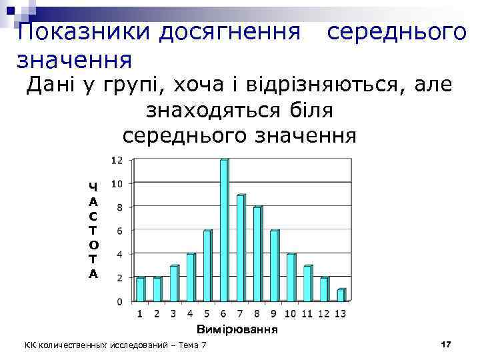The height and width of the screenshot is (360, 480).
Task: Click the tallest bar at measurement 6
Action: (x=224, y=230)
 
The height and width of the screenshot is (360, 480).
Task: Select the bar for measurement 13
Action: (x=341, y=295)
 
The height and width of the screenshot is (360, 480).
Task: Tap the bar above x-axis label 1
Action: (x=140, y=289)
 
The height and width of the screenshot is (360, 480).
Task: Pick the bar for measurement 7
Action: (x=241, y=247)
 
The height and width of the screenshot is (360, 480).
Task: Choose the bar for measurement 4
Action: (x=191, y=277)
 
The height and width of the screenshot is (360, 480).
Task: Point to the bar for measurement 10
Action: (x=291, y=277)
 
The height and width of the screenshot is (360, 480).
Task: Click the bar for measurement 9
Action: (x=274, y=265)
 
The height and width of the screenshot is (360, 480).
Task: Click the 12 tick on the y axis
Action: (x=116, y=160)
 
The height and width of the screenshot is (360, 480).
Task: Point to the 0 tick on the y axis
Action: (x=119, y=301)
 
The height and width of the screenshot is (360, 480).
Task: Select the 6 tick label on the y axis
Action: (x=119, y=231)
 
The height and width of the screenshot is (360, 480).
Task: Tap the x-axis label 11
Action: (x=307, y=313)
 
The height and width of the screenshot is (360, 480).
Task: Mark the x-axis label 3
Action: (x=173, y=313)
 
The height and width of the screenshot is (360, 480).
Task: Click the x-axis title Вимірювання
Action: (x=237, y=329)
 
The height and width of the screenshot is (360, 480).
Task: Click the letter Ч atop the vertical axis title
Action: (x=93, y=187)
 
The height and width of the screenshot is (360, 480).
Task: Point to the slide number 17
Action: (x=446, y=343)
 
